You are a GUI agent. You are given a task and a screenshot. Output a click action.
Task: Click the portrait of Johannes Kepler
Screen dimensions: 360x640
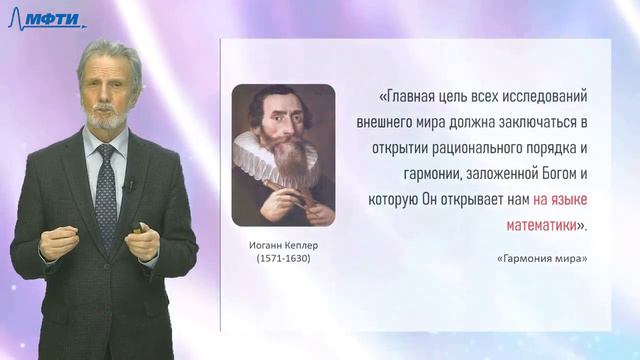pos(283,154)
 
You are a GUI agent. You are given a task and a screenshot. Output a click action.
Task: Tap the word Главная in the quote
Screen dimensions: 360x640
pos(414,98)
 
